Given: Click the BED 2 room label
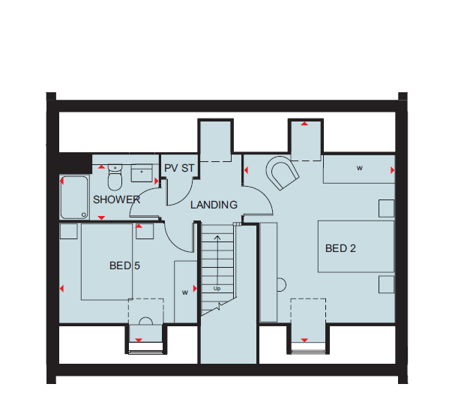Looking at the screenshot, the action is coord(340,248).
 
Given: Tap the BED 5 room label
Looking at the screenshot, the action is coord(124,265).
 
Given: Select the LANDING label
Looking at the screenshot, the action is coord(214,205).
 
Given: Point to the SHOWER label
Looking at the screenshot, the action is coord(116,199).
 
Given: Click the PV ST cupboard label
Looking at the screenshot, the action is coord(179,168).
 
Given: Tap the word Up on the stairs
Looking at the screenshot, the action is coord(217,289).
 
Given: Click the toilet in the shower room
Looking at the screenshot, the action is coord(115,177).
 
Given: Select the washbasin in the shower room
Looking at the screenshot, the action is coord(142,172).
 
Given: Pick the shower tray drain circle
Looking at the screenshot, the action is coord(84,214).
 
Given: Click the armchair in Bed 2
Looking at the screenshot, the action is coord(283,172).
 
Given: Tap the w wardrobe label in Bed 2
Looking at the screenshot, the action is coord(360,168).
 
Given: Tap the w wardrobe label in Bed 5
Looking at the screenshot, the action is coord(185,292).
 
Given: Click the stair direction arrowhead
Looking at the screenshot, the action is coord(217,237).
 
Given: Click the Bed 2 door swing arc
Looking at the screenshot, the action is coord(265,195).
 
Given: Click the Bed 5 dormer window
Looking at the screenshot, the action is coord(146,348).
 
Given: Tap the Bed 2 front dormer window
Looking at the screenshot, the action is coord(308,348).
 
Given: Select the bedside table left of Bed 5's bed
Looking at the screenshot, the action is coord(69,231).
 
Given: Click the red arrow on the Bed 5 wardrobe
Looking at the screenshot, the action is coord(196,288).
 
